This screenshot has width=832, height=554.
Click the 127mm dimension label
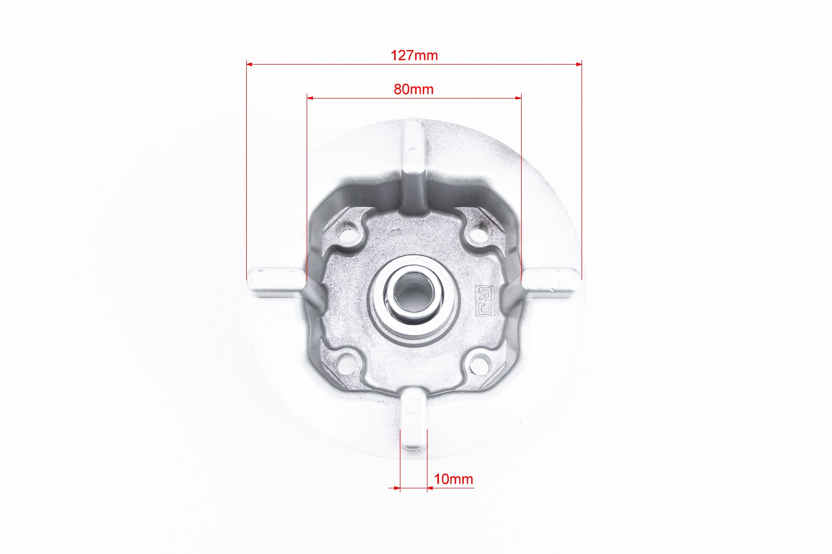tap(414, 56)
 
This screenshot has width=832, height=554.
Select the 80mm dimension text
tap(414, 90)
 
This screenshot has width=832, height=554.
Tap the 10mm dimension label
tap(453, 479)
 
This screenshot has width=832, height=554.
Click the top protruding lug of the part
tap(413, 164)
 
